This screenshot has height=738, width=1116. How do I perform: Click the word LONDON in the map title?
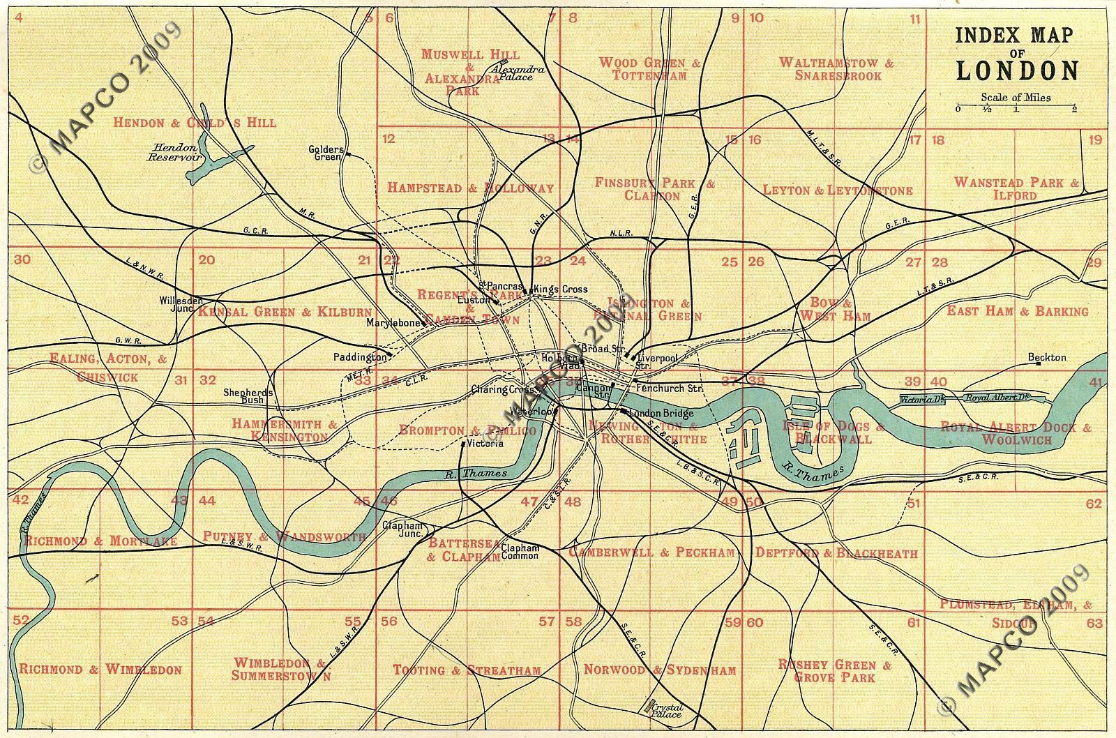point(1017,70)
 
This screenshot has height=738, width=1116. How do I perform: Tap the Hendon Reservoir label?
point(174,153)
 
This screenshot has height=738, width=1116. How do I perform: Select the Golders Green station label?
point(326,153)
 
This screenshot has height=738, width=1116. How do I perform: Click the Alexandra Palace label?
point(517,73)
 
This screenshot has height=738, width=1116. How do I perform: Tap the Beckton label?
point(1047,357)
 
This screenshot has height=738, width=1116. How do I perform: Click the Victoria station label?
point(485,443)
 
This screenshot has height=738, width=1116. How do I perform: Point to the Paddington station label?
point(360,356)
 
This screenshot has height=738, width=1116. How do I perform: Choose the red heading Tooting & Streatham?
point(467,670)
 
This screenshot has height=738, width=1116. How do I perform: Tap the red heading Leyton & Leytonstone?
point(837,190)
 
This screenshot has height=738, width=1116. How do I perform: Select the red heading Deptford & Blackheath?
point(836,553)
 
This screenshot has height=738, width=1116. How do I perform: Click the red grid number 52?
point(21,620)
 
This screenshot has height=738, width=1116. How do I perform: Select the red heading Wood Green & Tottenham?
point(649,68)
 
